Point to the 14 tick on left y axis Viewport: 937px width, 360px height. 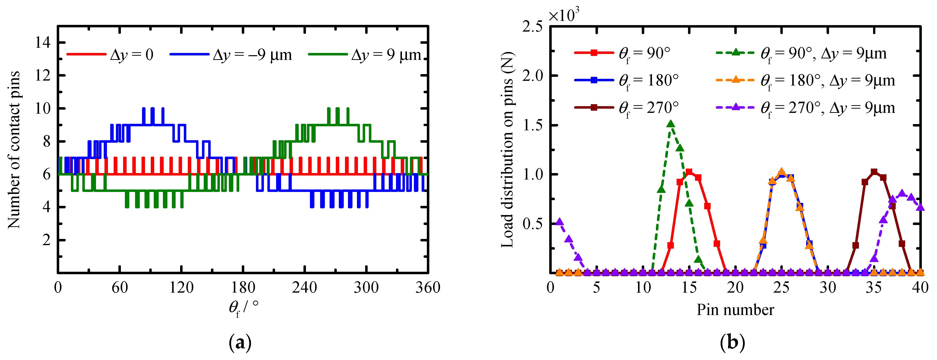point(43,43)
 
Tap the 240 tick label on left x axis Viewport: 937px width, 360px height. point(304,288)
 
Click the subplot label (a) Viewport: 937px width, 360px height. point(240,342)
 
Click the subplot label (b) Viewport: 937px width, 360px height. point(733,342)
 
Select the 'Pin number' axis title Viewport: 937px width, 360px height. point(735,310)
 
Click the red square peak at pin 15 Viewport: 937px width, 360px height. point(689,172)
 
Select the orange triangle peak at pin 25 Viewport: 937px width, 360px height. point(781,172)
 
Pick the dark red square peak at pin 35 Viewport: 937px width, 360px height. point(874,172)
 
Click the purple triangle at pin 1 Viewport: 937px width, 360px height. point(559,222)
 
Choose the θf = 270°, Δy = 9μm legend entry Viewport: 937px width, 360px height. point(805,108)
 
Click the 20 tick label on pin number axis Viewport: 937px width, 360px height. point(735,288)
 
